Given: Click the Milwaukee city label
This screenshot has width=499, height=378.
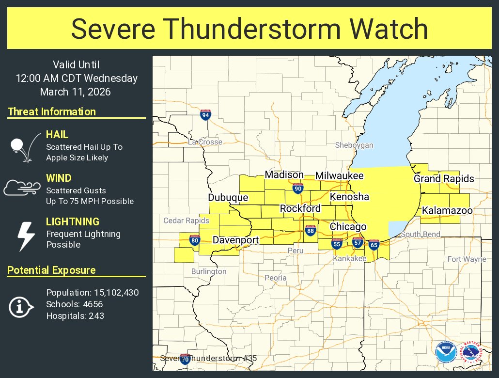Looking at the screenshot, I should (x=339, y=175).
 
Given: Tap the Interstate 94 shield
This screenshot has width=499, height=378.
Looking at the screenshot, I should (x=205, y=115).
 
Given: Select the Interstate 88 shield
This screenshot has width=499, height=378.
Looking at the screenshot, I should (x=310, y=232).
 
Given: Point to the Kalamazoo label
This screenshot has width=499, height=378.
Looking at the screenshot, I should (x=447, y=211).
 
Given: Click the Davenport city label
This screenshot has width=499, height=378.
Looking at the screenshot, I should (x=235, y=240).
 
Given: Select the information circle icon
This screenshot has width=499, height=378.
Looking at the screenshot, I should (x=21, y=306).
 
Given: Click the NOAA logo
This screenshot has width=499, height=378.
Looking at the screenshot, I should (x=445, y=353).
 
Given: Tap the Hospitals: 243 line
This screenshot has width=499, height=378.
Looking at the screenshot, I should (x=75, y=316).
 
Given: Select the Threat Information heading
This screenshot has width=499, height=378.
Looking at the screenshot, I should (x=51, y=111).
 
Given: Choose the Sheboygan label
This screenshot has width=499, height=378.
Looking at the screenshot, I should (x=354, y=145).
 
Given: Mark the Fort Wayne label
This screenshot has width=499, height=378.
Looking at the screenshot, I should (x=466, y=259).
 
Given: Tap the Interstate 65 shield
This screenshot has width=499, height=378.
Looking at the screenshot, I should (x=374, y=244).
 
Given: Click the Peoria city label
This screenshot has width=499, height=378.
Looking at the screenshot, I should (x=275, y=278).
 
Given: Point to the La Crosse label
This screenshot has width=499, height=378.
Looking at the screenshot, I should (x=205, y=142).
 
